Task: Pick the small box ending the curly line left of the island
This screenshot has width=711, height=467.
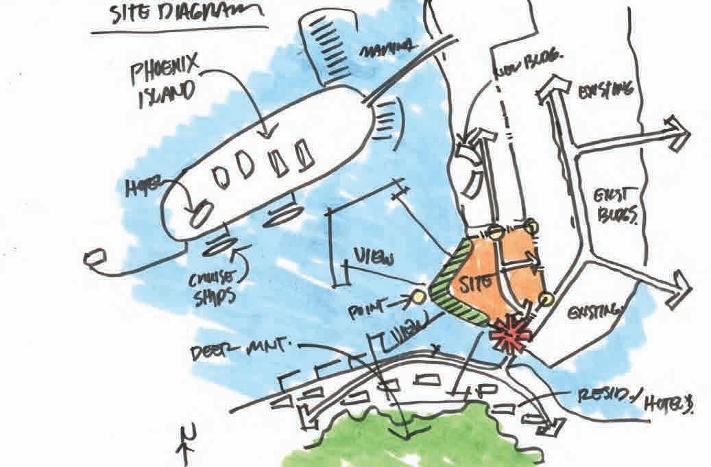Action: tap(92, 258)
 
